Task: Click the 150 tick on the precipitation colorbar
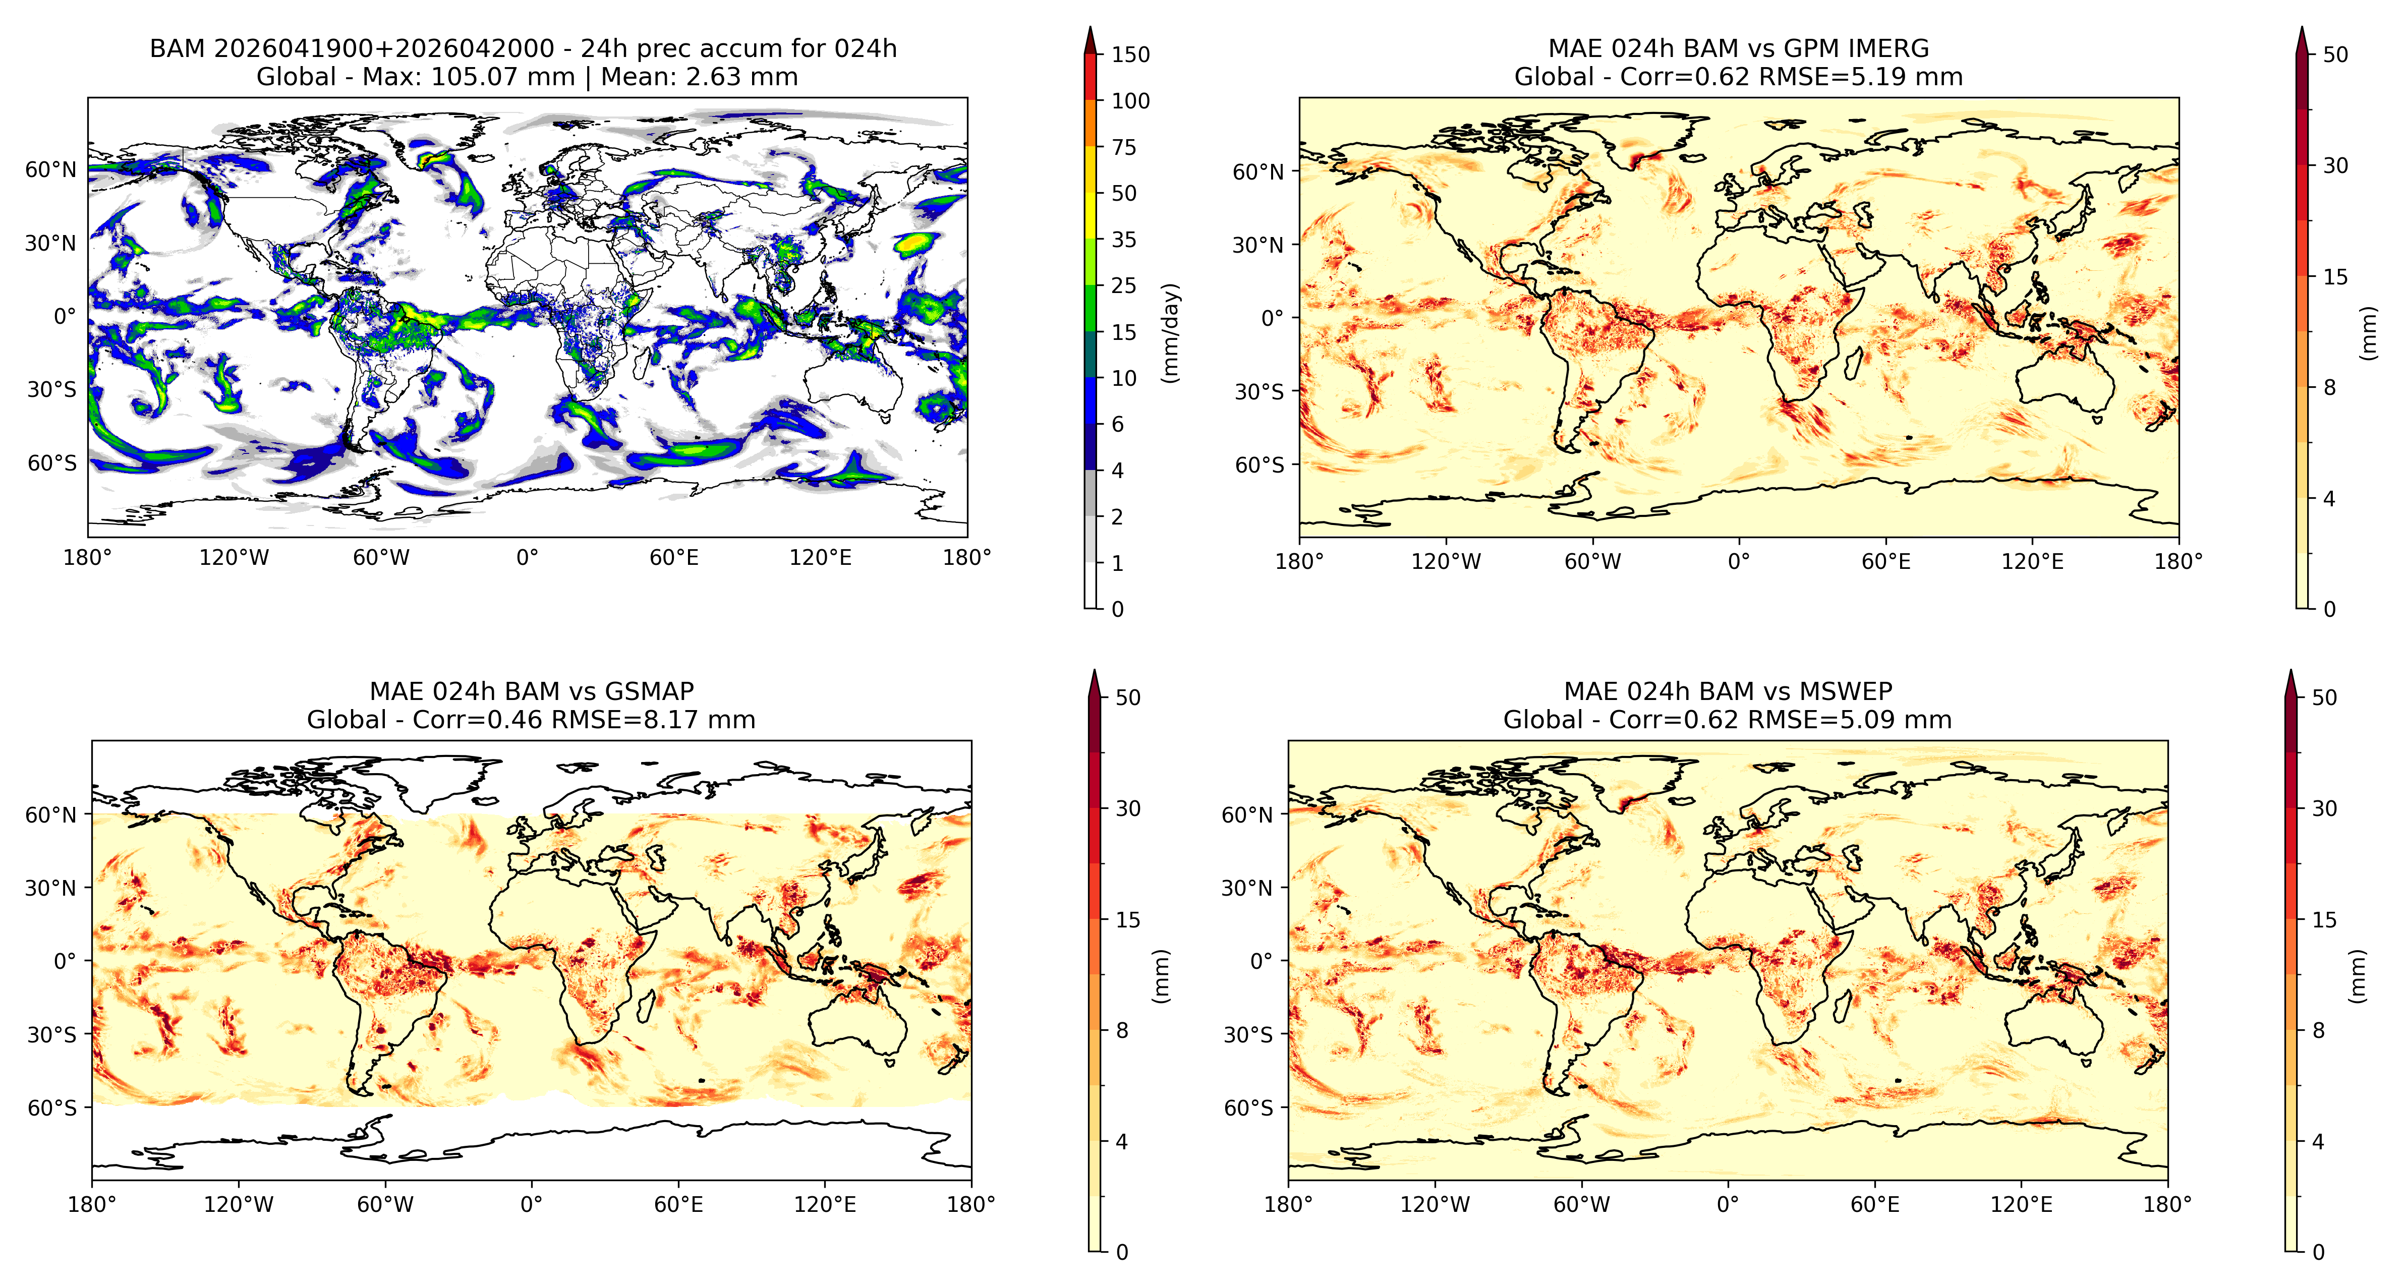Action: tap(1130, 54)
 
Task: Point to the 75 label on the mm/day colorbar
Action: tap(1124, 147)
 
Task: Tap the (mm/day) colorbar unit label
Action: tap(1170, 332)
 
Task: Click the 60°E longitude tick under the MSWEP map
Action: tap(1875, 1204)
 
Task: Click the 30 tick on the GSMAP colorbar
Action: tap(1128, 808)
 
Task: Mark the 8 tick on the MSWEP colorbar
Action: tap(2318, 1030)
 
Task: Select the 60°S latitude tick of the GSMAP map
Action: tap(52, 1108)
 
